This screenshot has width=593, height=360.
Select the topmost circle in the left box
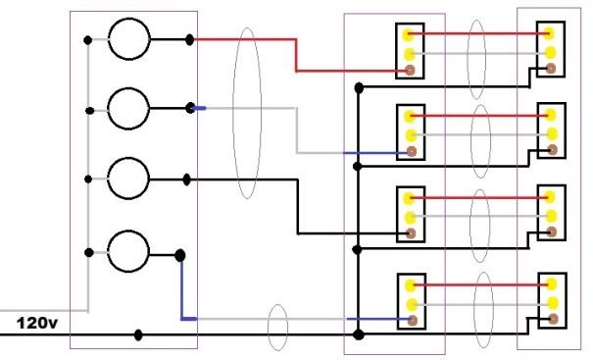128,40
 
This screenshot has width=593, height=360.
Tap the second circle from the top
128,107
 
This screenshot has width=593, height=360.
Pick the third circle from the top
128,179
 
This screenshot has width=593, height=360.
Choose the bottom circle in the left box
128,252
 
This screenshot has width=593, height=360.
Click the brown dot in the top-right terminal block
551,69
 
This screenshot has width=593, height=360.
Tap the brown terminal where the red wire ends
410,71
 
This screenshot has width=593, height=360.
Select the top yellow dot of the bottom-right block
551,284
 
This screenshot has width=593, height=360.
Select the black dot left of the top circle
89,40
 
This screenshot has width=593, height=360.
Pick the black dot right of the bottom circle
179,255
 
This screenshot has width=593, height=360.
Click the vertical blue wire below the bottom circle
182,289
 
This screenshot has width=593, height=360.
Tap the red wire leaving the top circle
245,40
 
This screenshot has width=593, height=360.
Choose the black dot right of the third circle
187,179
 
